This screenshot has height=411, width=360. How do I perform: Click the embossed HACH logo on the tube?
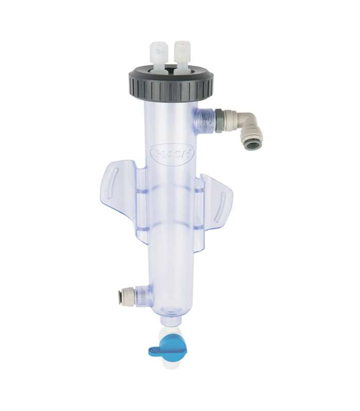point(172,154)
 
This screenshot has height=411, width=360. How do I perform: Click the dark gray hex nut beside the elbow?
point(220,121)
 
